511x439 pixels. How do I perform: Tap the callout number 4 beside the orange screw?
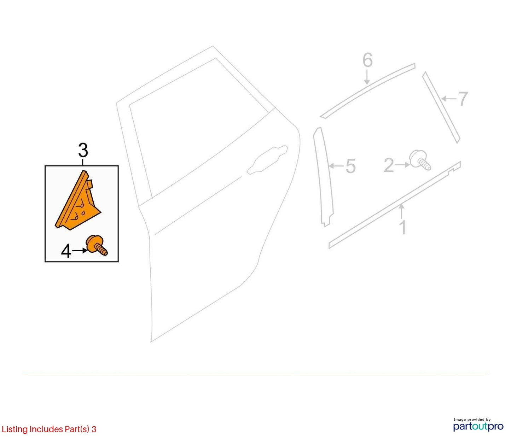[66, 252]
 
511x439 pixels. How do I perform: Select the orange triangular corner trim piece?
[78, 200]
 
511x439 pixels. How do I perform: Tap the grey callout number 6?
[367, 60]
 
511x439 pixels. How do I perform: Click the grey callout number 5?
[350, 166]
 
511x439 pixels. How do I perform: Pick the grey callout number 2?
[389, 165]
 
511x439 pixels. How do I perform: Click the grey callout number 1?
[403, 227]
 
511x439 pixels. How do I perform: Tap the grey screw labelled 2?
[420, 160]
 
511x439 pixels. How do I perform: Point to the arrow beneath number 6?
[367, 77]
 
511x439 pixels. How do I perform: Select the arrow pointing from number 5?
[336, 166]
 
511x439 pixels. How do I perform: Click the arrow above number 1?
[402, 211]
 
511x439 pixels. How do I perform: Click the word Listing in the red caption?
[15, 429]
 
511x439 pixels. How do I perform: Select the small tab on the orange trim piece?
[90, 184]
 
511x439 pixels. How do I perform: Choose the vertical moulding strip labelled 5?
[323, 177]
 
